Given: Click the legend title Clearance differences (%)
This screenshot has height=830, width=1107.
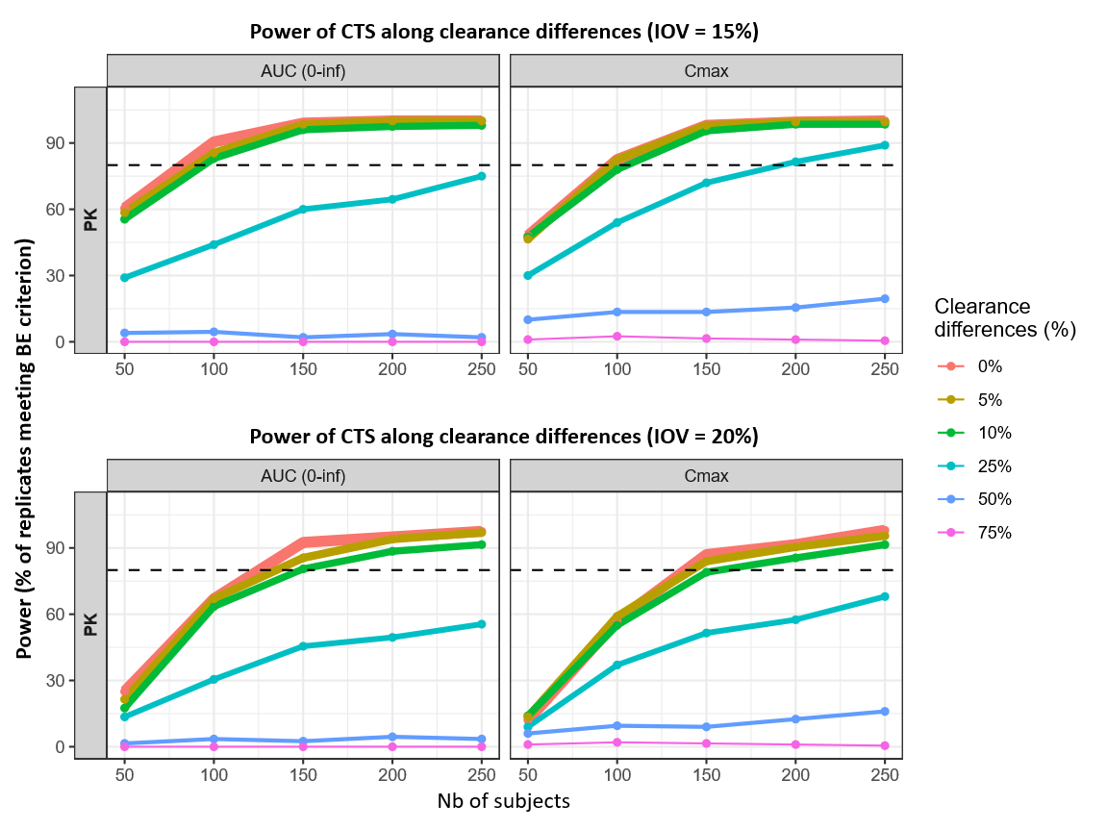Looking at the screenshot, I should pos(1004,317).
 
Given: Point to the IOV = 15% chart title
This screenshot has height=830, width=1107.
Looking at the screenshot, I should pos(504,31).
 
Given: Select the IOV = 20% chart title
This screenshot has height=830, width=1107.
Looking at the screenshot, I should pos(504,436).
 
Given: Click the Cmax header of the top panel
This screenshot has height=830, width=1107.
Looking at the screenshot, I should pos(706,70).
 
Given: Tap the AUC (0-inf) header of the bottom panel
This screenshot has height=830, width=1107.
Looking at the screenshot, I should pos(303,475).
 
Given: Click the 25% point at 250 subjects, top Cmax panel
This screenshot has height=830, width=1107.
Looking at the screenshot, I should pos(884,145).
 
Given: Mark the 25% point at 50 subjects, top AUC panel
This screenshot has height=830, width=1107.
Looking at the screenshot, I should pos(124,277).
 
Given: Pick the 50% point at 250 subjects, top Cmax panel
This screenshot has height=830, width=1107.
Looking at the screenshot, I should pos(884,298).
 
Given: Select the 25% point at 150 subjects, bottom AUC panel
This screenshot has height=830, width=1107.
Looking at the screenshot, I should pos(303,646).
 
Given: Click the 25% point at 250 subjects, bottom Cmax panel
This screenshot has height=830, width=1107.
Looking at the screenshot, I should pos(884,596).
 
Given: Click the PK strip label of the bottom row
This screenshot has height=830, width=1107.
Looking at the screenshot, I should pos(90,624).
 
